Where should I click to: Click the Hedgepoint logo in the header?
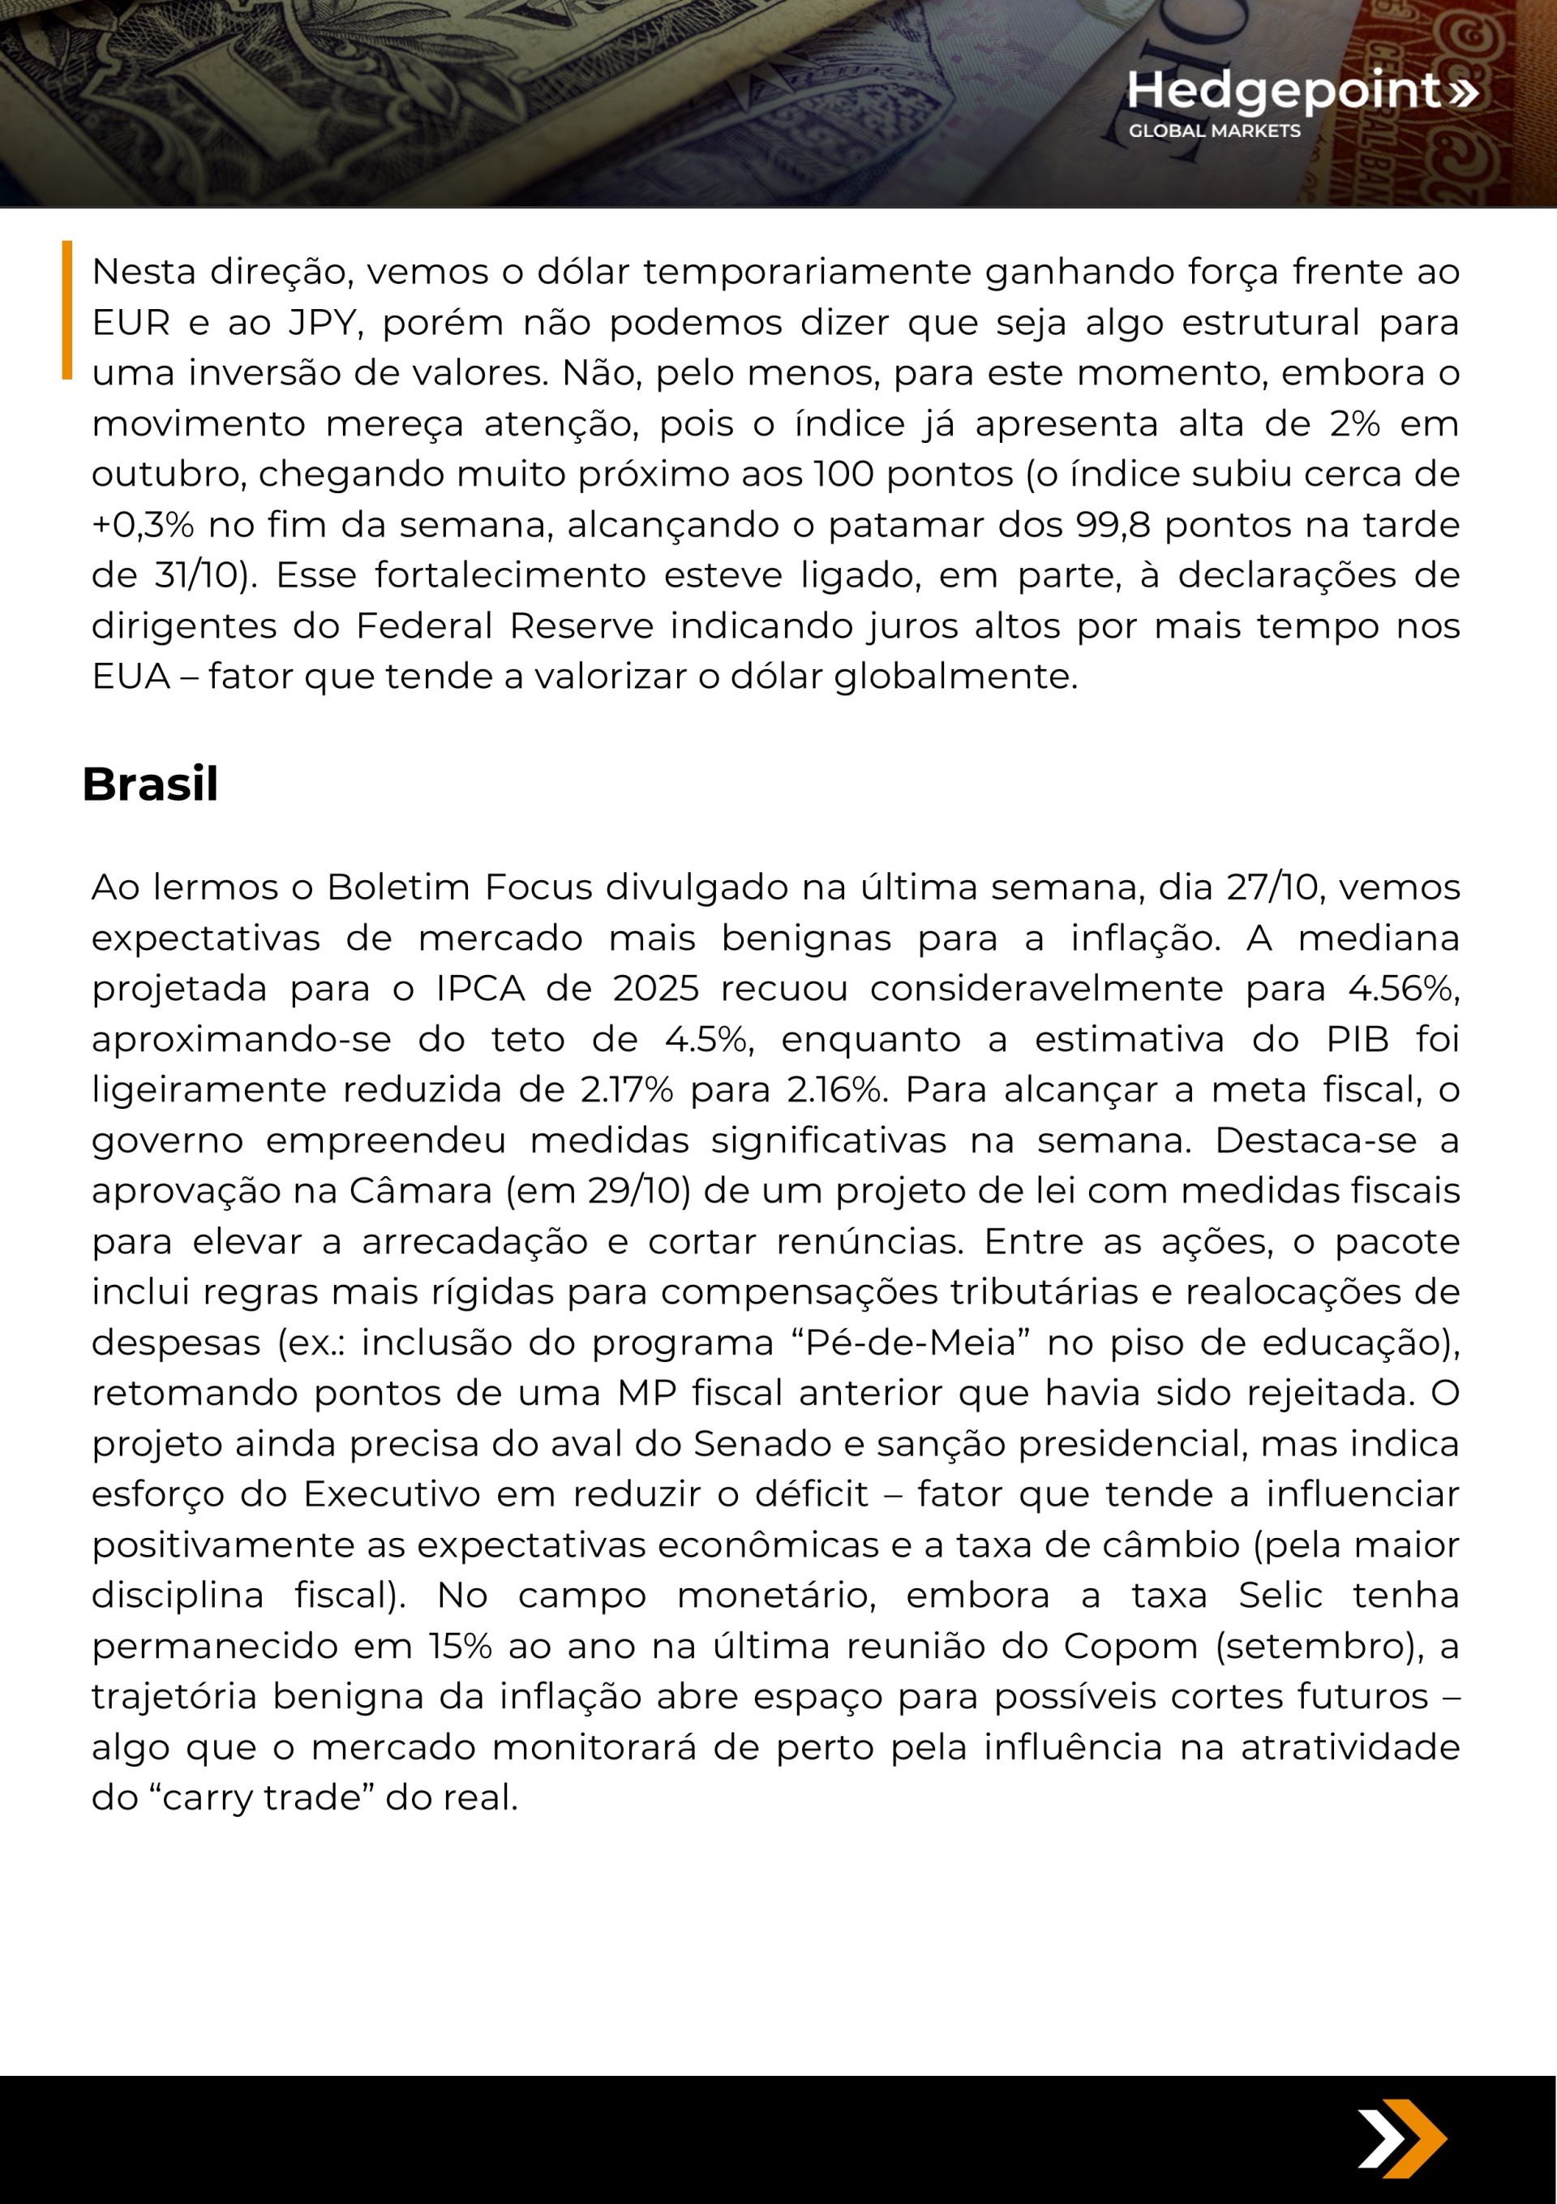1302,90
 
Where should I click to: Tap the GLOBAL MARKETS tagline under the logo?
1214,131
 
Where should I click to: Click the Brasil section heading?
150,784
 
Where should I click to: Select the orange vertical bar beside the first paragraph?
67,309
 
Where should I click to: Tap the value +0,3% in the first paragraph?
142,525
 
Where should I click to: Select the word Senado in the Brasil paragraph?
753,1444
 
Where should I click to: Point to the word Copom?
1130,1645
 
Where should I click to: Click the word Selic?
1280,1595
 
